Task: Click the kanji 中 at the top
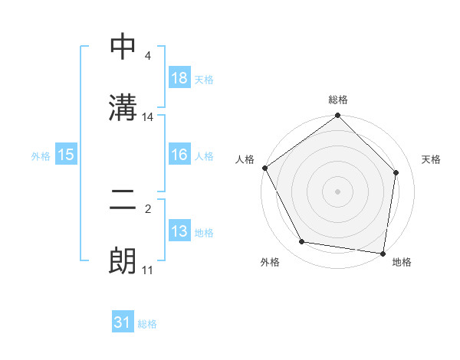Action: click(123, 48)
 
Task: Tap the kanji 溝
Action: click(123, 107)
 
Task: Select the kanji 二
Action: click(123, 201)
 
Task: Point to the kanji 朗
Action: click(123, 261)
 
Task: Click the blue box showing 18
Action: click(179, 78)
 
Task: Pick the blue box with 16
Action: click(179, 155)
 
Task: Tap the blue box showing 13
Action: click(179, 231)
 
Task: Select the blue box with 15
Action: click(66, 155)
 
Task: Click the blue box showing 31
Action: click(123, 323)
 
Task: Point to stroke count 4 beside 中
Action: click(147, 56)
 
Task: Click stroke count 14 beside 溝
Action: click(148, 117)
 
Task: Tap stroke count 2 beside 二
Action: click(147, 209)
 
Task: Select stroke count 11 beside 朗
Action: click(148, 270)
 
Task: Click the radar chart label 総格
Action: click(338, 100)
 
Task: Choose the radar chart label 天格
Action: click(431, 159)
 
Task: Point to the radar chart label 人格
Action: click(245, 159)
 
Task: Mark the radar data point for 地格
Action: click(383, 253)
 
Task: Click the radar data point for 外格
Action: click(302, 242)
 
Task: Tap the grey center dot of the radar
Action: click(338, 191)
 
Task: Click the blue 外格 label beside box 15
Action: click(41, 155)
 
